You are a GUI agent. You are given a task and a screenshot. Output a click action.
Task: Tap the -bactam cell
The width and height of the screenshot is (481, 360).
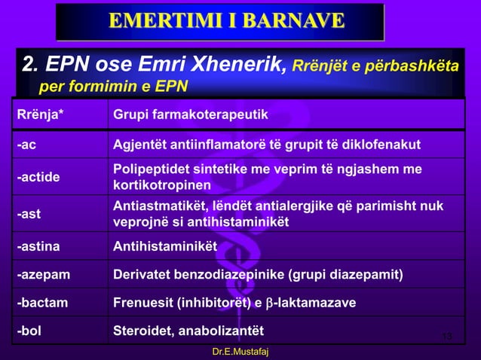click(x=41, y=303)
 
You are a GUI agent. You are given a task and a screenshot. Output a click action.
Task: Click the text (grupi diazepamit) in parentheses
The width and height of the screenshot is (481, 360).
click(x=355, y=274)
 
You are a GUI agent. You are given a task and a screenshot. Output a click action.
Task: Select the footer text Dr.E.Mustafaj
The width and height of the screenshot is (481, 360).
click(x=240, y=352)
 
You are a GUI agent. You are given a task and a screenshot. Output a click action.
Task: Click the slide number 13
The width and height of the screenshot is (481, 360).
click(x=446, y=335)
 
